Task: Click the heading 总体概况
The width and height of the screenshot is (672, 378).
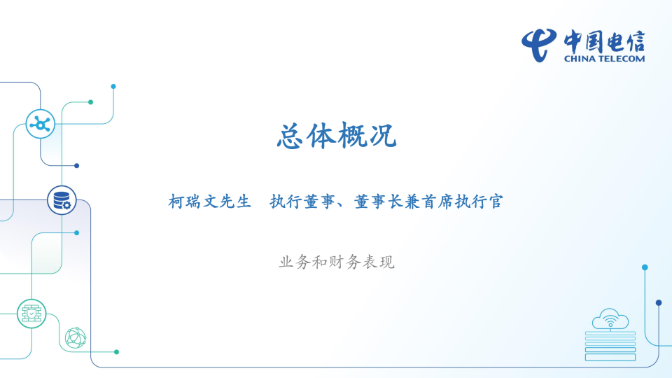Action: (x=337, y=136)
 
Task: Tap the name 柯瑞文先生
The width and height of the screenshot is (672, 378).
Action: (x=209, y=202)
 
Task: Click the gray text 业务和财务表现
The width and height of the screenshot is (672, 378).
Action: (x=337, y=262)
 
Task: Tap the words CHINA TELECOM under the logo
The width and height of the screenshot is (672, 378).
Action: (x=604, y=59)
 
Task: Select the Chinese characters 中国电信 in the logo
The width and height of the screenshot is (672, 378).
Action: (x=605, y=41)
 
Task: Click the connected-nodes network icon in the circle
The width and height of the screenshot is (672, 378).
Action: (x=40, y=124)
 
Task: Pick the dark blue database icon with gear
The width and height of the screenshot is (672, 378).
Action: (x=62, y=199)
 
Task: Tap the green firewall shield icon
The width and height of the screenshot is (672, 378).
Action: (x=31, y=313)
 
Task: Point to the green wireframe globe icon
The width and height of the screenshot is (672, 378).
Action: (x=75, y=338)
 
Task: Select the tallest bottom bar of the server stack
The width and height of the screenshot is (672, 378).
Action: (x=610, y=357)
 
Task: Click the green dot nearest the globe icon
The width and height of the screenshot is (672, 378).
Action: (x=116, y=351)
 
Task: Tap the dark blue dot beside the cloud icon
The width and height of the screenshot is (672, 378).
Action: (x=659, y=302)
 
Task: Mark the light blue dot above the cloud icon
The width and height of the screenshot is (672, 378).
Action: (x=645, y=267)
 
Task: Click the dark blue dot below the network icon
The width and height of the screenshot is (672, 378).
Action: (x=76, y=166)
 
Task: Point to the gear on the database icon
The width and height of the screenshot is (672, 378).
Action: (x=66, y=205)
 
